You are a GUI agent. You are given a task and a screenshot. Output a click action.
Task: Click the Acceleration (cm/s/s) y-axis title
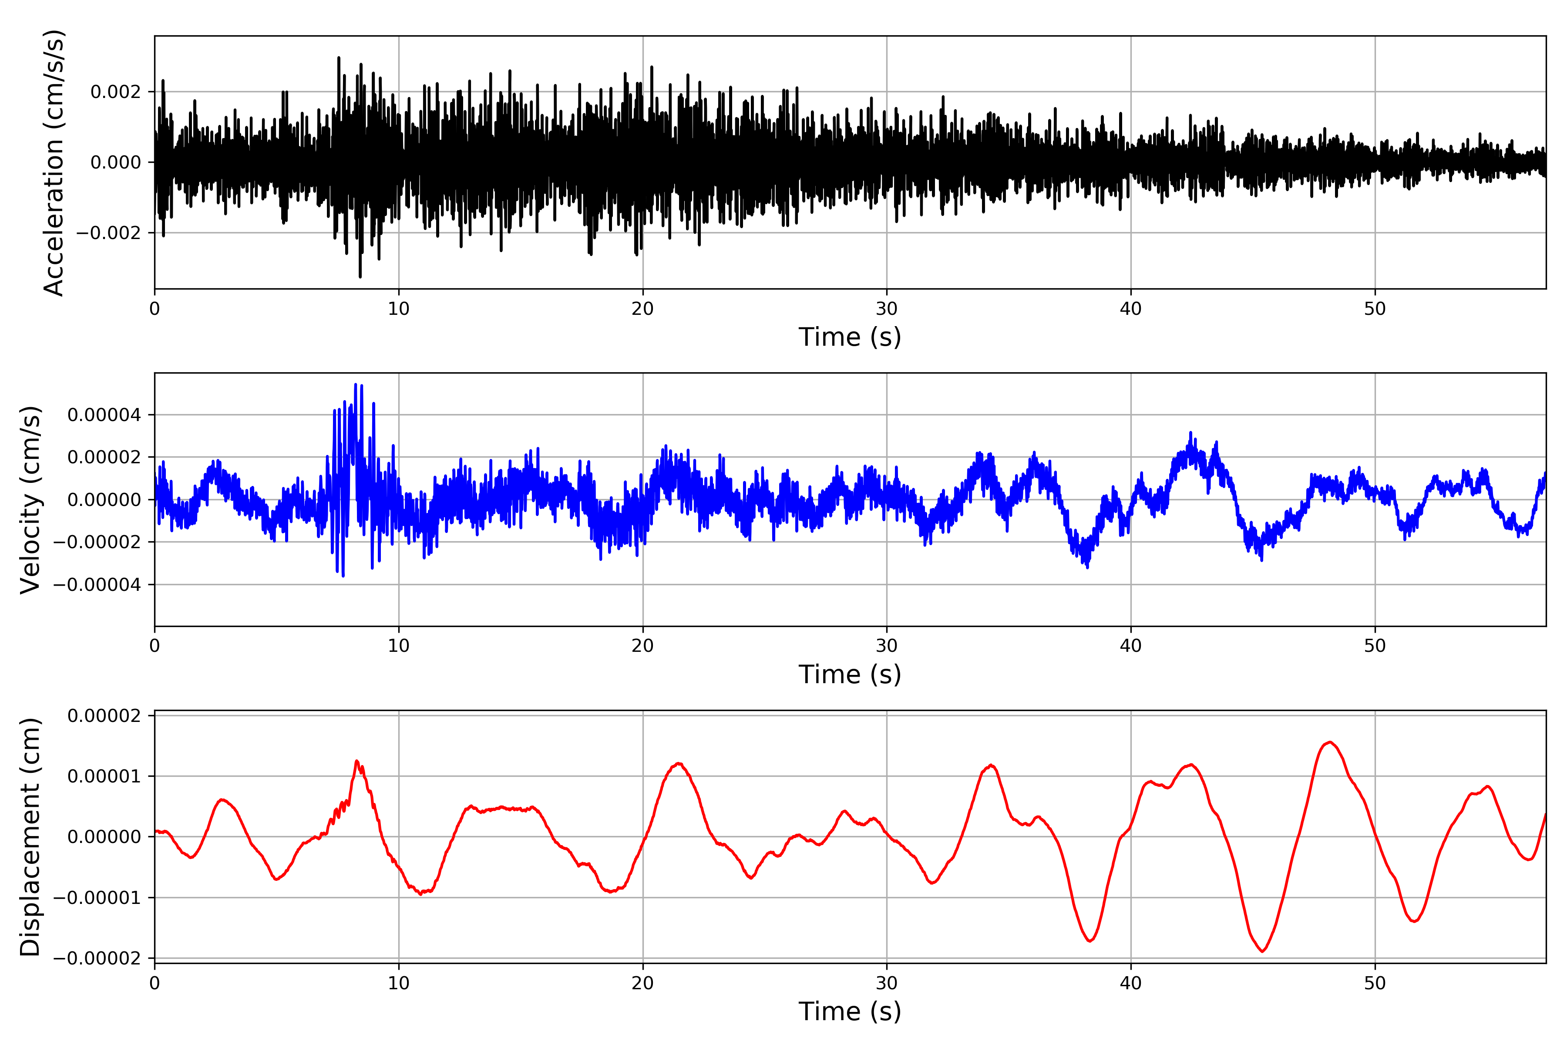53,162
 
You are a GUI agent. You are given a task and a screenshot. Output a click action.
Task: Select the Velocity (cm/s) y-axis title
30,500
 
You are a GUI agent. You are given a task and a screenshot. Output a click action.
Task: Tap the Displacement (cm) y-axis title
30,837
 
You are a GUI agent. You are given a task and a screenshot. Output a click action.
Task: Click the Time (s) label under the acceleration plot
850,337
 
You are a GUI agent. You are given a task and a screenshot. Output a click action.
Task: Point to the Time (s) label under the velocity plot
850,674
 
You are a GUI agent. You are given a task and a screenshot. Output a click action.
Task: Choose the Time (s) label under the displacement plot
850,1011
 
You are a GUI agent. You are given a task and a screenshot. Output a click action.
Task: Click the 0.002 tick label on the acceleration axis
116,92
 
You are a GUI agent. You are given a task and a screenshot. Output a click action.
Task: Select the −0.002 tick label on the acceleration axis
108,233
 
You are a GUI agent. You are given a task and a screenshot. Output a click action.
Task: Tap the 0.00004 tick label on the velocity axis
104,415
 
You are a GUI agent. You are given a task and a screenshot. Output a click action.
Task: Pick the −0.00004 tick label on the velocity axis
97,585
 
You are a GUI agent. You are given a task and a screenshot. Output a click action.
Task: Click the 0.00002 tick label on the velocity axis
104,458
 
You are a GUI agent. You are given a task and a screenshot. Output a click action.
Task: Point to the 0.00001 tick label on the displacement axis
104,776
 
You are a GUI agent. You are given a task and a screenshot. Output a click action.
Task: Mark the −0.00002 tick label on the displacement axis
97,958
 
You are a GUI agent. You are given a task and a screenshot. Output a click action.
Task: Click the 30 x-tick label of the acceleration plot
887,309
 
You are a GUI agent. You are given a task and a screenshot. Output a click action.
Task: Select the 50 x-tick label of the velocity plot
1375,646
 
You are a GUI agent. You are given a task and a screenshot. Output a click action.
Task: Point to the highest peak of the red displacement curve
1330,742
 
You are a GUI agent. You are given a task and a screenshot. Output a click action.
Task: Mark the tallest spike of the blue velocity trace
356,384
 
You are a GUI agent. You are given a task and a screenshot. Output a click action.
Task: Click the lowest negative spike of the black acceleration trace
360,276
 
